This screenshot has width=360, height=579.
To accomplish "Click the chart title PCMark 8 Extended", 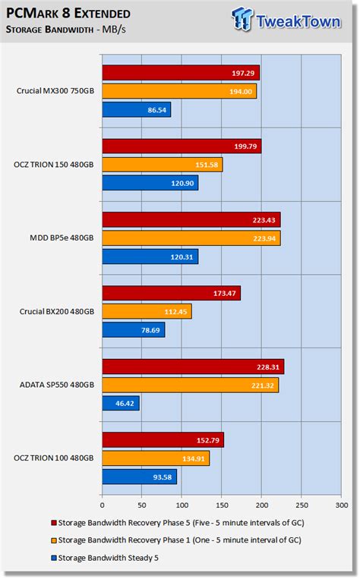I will (68, 14).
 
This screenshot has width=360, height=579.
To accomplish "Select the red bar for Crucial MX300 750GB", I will (181, 73).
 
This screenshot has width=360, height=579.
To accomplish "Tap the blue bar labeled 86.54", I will (136, 109).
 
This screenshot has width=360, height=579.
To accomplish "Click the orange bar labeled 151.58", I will (162, 165).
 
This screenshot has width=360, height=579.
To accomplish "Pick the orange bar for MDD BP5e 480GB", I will (191, 238).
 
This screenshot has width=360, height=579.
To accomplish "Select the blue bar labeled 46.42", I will (120, 404).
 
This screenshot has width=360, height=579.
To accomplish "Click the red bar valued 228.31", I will (193, 367).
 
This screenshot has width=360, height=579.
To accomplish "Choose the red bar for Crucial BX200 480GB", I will (171, 293).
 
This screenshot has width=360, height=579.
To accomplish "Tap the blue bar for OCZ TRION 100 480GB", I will (139, 477).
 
